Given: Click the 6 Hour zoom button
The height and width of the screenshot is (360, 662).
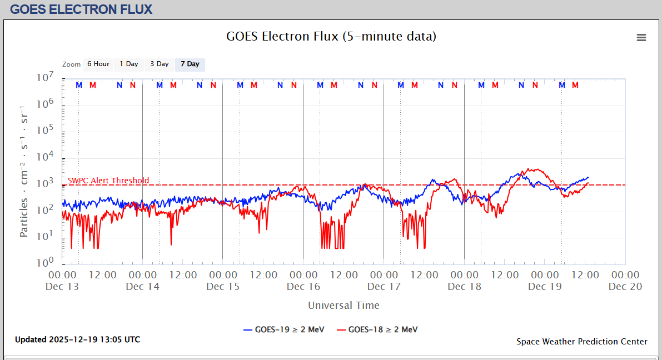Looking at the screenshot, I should pos(98,64).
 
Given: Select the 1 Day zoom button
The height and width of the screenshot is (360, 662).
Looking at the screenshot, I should pos(129,64).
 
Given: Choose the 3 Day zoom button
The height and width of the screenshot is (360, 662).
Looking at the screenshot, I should pos(159,64).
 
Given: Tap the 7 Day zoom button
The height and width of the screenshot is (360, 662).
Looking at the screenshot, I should pos(190,64).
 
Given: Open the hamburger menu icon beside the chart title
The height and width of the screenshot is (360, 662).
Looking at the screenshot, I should pos(641,38).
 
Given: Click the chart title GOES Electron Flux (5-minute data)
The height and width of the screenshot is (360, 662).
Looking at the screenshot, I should pos(331,37).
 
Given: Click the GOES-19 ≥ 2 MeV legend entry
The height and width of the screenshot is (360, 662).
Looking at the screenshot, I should pos(283,329).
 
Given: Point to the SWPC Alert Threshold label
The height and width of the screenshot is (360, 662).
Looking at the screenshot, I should pos(108,181).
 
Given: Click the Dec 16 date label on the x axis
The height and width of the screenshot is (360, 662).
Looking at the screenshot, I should pos(303,287).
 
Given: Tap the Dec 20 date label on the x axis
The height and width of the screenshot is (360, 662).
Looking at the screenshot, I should pos(625,287).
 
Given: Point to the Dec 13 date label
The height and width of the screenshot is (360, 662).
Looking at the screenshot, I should pos(62,287).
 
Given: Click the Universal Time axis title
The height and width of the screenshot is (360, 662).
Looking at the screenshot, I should pos(344,306).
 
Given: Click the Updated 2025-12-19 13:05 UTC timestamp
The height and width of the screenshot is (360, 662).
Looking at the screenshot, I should pos(77,339).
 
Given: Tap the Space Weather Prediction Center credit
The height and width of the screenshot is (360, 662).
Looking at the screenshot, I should pos(581,342).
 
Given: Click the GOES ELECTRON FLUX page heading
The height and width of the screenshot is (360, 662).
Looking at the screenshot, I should pos(81,9).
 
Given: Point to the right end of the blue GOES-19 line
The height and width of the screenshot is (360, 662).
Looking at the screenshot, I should pos(588,178).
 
